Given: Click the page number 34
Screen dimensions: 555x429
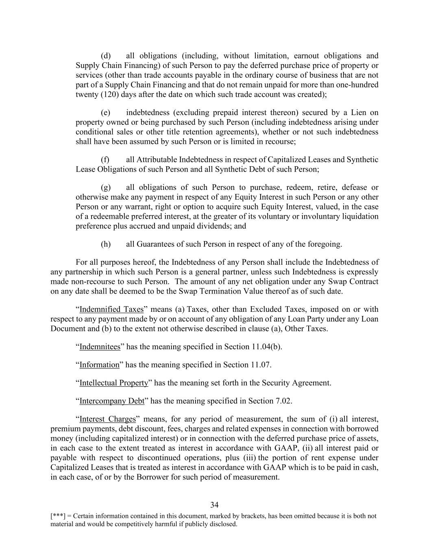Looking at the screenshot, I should pyautogui.click(x=215, y=505).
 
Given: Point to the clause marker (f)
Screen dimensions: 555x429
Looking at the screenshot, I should pyautogui.click(x=105, y=160).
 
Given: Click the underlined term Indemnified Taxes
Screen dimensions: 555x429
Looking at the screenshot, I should pyautogui.click(x=111, y=309).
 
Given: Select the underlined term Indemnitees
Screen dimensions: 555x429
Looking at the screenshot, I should pyautogui.click(x=100, y=347).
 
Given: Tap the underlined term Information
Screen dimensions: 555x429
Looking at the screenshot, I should pyautogui.click(x=100, y=365).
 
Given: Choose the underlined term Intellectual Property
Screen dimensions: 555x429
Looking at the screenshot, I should pyautogui.click(x=114, y=383).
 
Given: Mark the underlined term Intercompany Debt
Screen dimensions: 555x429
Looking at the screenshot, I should pyautogui.click(x=112, y=401).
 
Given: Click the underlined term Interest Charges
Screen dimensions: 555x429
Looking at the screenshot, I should pyautogui.click(x=107, y=419).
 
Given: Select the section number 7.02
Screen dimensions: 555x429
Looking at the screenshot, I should pyautogui.click(x=283, y=401).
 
